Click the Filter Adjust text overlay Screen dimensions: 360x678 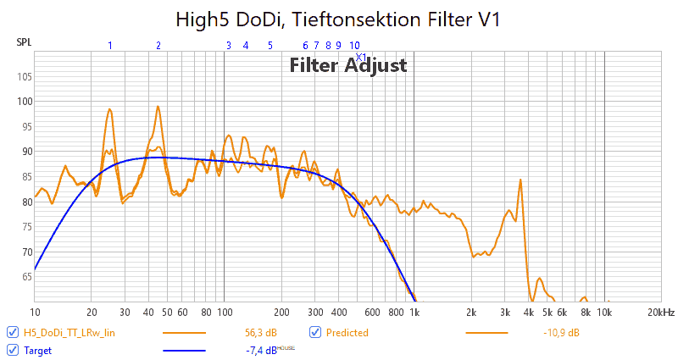pyautogui.click(x=348, y=65)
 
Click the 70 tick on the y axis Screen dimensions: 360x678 pyautogui.click(x=24, y=252)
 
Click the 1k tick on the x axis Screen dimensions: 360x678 pyautogui.click(x=414, y=312)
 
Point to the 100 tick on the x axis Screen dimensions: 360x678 pyautogui.click(x=224, y=312)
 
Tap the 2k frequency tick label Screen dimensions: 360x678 pyautogui.click(x=471, y=312)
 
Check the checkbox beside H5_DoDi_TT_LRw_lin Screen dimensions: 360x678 pyautogui.click(x=12, y=333)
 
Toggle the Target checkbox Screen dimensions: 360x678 pyautogui.click(x=12, y=349)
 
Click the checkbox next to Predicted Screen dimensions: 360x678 pyautogui.click(x=314, y=333)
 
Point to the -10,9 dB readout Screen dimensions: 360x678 pyautogui.click(x=561, y=333)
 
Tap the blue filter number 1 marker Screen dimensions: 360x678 pyautogui.click(x=109, y=45)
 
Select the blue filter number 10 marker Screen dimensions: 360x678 pyautogui.click(x=354, y=45)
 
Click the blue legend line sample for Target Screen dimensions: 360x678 pyautogui.click(x=184, y=349)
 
